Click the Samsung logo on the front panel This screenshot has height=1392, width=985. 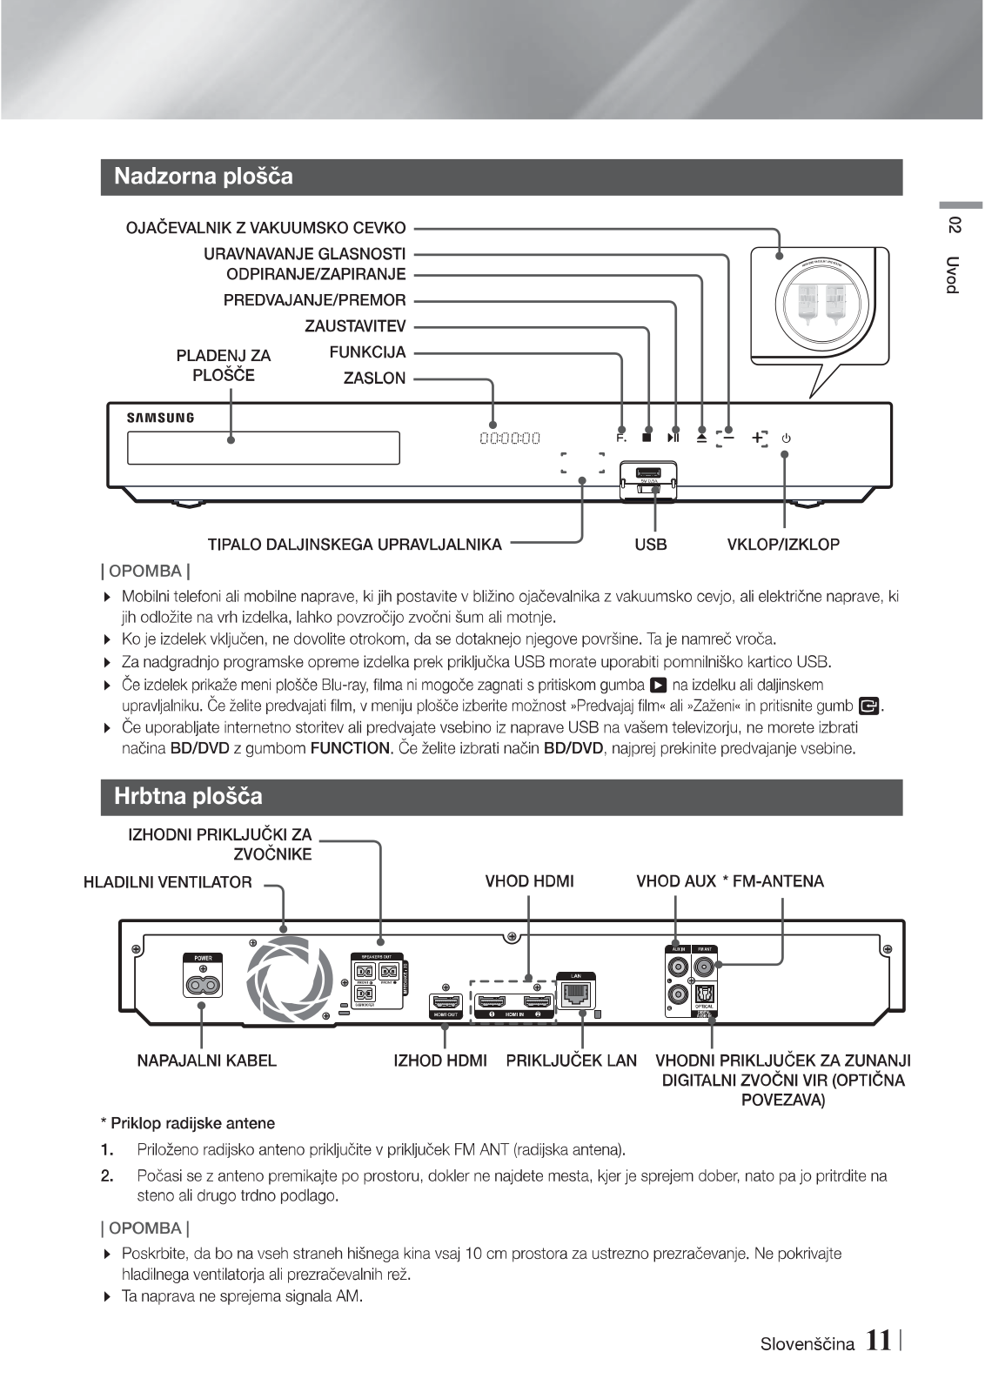coord(161,418)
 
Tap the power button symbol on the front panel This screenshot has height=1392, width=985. coord(786,438)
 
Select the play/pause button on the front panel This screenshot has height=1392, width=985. coord(673,438)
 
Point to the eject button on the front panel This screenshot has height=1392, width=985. coord(701,438)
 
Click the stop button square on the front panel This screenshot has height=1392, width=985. coord(647,438)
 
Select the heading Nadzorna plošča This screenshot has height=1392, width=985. coord(204,177)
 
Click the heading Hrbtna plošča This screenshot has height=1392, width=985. coord(188,796)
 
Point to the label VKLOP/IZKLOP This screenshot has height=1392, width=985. coord(783,545)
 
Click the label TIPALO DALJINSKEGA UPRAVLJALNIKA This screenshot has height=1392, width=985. coord(354,545)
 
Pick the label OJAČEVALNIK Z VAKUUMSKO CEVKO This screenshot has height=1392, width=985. coord(266,228)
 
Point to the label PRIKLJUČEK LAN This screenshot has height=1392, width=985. coord(572,1061)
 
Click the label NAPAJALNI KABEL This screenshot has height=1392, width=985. coord(207,1061)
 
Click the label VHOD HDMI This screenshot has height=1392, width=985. coord(529,881)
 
